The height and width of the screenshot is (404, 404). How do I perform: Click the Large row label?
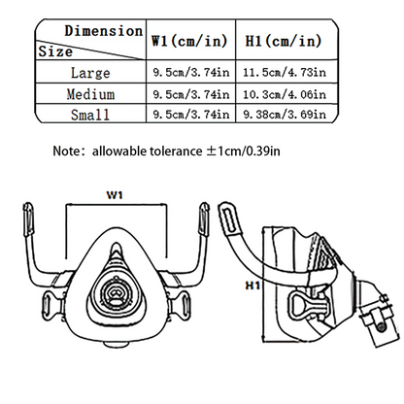(90, 73)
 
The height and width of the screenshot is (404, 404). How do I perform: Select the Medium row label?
(90, 94)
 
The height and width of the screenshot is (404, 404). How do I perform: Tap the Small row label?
(90, 115)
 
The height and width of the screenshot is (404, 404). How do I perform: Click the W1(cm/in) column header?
(189, 41)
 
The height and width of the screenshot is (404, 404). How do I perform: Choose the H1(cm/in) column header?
(284, 41)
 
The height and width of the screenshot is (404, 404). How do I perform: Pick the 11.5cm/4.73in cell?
(285, 72)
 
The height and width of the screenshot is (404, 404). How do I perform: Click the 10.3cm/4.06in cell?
(285, 94)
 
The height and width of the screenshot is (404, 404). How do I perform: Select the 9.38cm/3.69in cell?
(285, 115)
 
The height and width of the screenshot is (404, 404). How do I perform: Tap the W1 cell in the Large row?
(191, 72)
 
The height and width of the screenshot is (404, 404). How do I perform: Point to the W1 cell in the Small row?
(191, 115)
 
